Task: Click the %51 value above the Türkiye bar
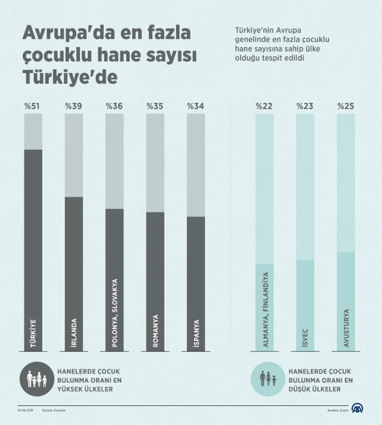coord(33,106)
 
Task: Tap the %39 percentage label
coord(73,106)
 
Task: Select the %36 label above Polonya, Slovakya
coord(114,106)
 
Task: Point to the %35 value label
coord(155,106)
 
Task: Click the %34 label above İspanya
coord(196,106)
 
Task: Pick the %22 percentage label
coord(264,106)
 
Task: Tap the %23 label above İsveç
coord(305,106)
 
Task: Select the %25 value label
coord(346,106)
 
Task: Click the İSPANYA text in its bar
coord(196,333)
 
